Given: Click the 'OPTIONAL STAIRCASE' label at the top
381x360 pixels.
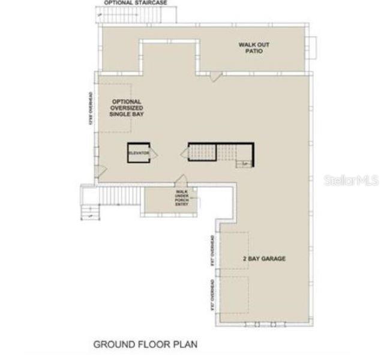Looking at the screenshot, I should click(134, 3).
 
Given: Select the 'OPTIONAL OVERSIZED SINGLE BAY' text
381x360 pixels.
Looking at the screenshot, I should click(126, 108).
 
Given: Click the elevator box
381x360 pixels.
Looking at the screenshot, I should click(137, 153).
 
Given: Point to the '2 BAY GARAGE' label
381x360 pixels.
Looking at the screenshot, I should click(264, 259).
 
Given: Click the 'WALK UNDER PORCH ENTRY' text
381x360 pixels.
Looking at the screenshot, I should click(181, 199).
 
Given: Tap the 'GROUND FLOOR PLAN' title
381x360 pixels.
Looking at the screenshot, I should click(145, 345).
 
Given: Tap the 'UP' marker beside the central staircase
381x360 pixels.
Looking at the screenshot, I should click(245, 164).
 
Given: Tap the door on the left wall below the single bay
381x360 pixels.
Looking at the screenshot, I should click(101, 170).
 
